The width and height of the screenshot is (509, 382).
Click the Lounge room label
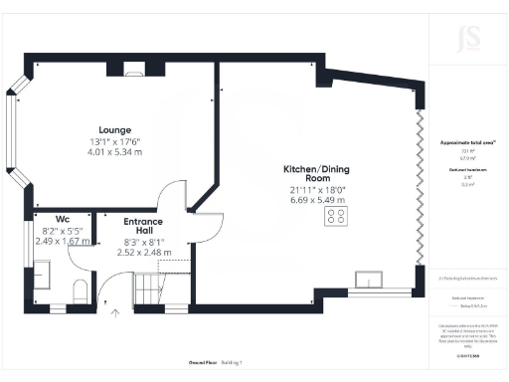click(108, 130)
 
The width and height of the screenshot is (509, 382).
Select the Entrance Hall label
click(143, 226)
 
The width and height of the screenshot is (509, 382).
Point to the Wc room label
click(62, 219)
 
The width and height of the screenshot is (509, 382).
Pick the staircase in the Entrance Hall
click(148, 289)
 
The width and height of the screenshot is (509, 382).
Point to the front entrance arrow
click(116, 315)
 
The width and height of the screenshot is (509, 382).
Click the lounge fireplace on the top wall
click(131, 70)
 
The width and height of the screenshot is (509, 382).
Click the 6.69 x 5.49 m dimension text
click(312, 199)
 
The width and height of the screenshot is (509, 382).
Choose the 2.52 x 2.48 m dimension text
click(145, 253)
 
